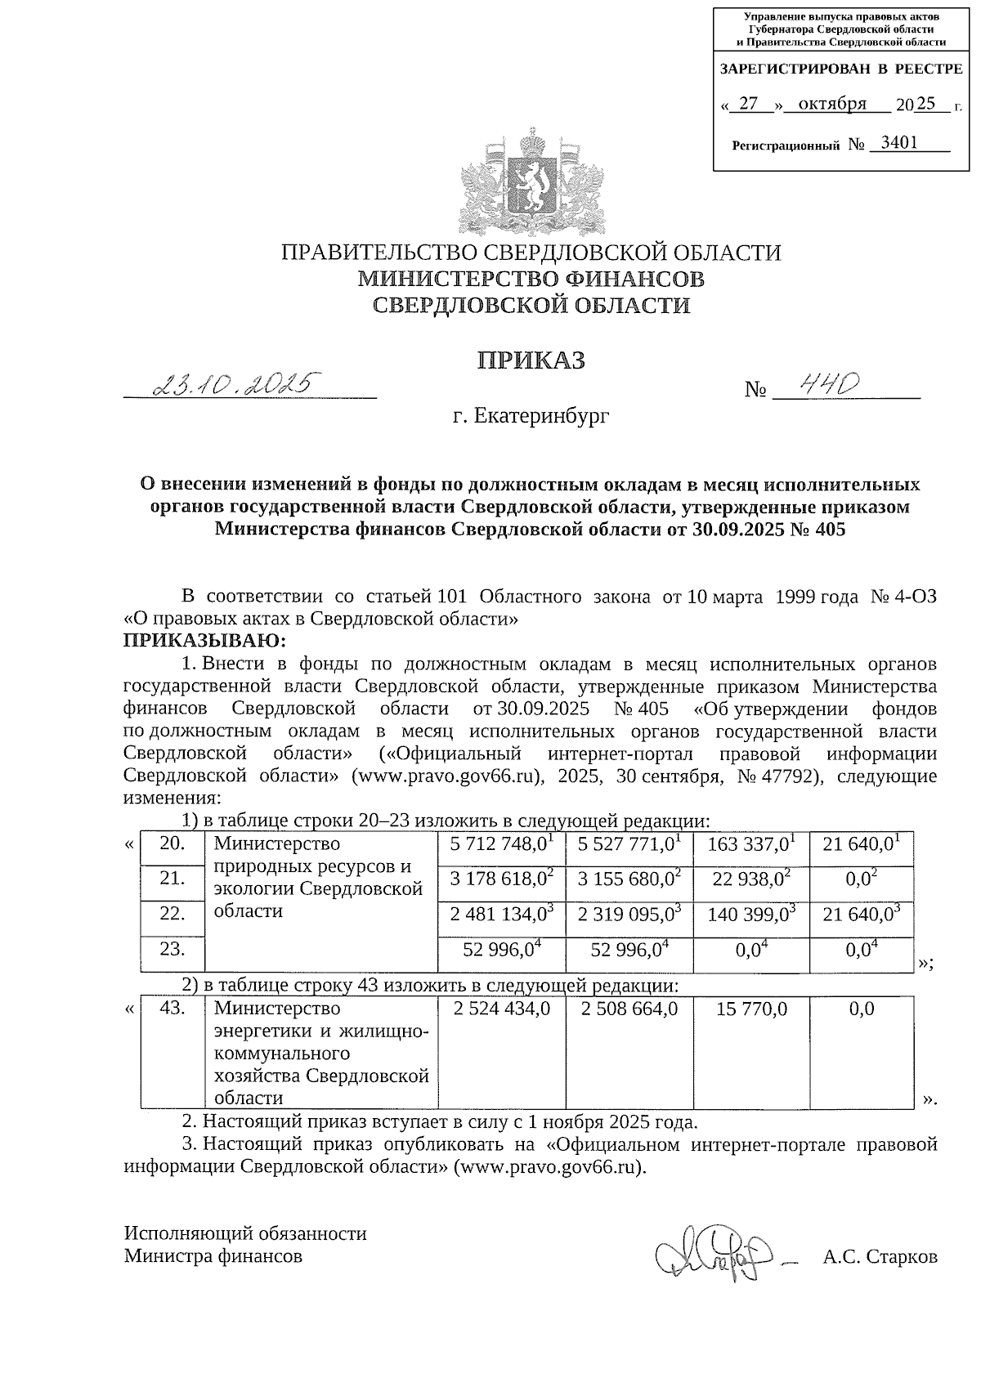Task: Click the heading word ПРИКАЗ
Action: pos(531,360)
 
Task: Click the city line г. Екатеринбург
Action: pos(531,417)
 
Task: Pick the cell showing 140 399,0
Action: pos(750,915)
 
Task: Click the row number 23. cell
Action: pos(172,949)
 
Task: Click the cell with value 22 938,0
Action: pos(750,879)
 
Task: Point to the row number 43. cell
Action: pos(172,1009)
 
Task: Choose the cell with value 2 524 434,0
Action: pos(501,1009)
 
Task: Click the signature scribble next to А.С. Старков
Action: pos(712,1251)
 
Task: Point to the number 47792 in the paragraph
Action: pos(789,776)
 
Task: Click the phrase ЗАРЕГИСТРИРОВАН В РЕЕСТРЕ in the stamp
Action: pos(840,70)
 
